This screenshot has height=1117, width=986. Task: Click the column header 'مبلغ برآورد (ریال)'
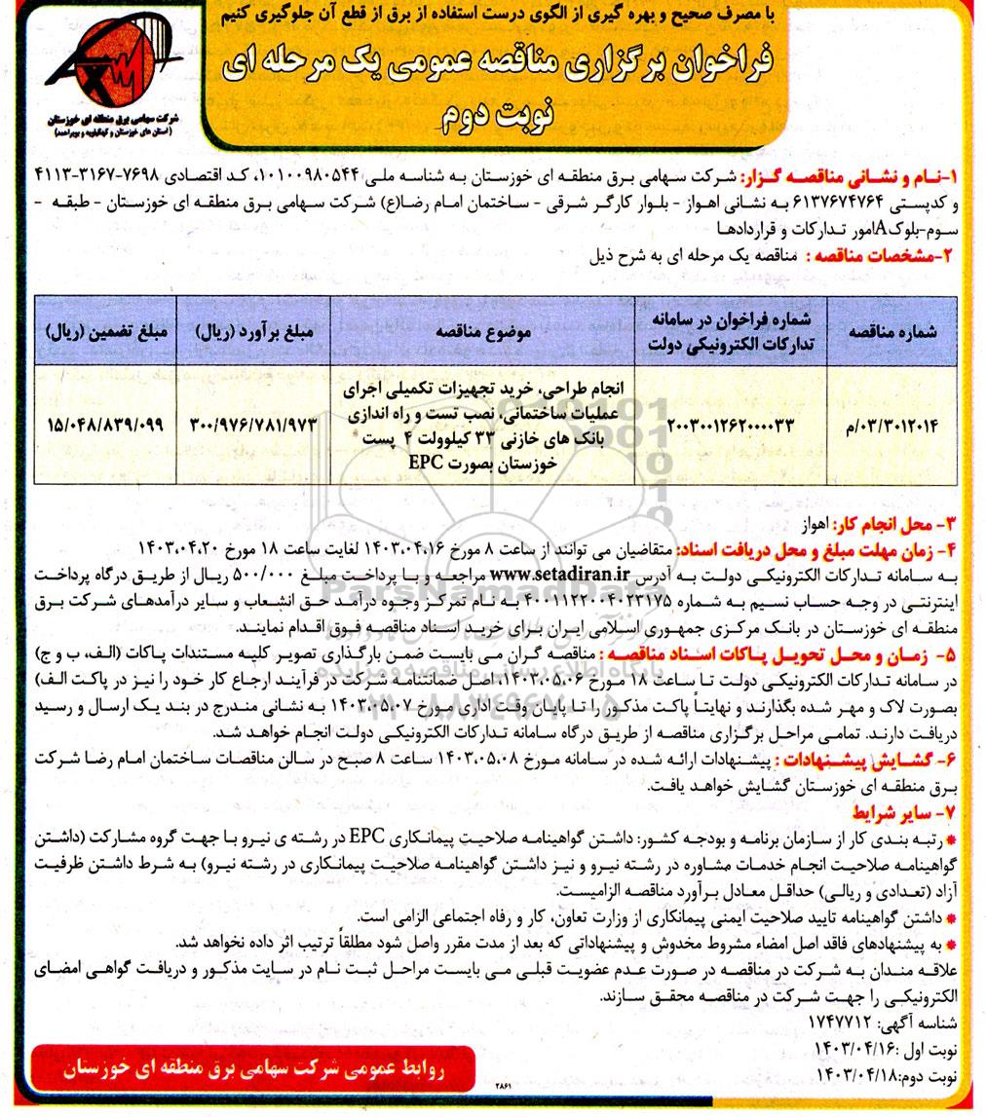click(253, 331)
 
